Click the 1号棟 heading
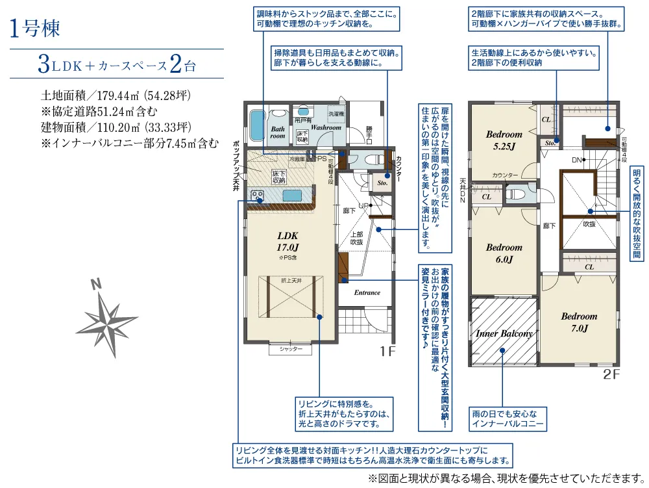click(36, 30)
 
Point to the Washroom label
click(325, 128)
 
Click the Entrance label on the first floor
click(367, 292)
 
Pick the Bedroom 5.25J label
click(504, 140)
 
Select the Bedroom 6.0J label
click(504, 253)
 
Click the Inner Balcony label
click(504, 333)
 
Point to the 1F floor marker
click(387, 352)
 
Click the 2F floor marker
click(611, 374)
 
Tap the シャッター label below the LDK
click(291, 350)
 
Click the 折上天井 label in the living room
click(291, 280)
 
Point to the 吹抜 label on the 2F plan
click(589, 224)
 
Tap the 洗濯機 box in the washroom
click(336, 114)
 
